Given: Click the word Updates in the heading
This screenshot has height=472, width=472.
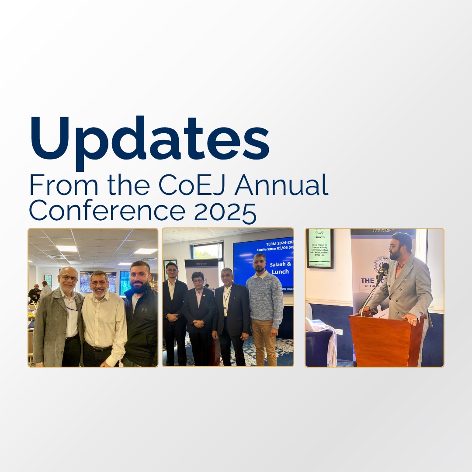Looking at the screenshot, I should tap(149, 139).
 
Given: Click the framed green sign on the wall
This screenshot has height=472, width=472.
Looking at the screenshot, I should tap(319, 247).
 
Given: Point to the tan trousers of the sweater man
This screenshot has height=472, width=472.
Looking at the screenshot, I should tap(263, 343).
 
